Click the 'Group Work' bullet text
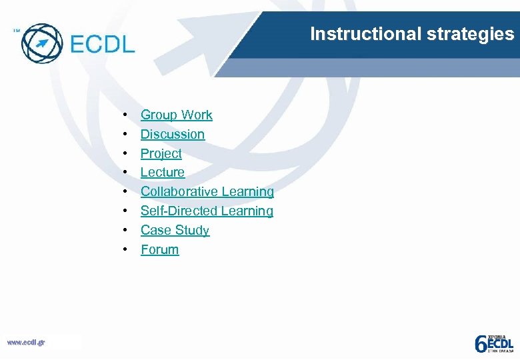click(x=176, y=115)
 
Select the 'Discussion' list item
click(x=173, y=134)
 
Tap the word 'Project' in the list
click(x=161, y=153)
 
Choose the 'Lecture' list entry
click(x=163, y=173)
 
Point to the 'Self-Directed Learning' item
click(x=207, y=211)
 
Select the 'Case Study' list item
click(x=175, y=231)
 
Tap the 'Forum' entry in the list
click(x=159, y=250)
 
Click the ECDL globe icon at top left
click(x=41, y=43)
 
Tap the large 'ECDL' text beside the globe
click(x=102, y=45)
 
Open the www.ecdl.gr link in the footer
click(x=26, y=342)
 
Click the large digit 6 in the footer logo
click(x=480, y=343)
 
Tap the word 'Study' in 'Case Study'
click(x=193, y=231)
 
